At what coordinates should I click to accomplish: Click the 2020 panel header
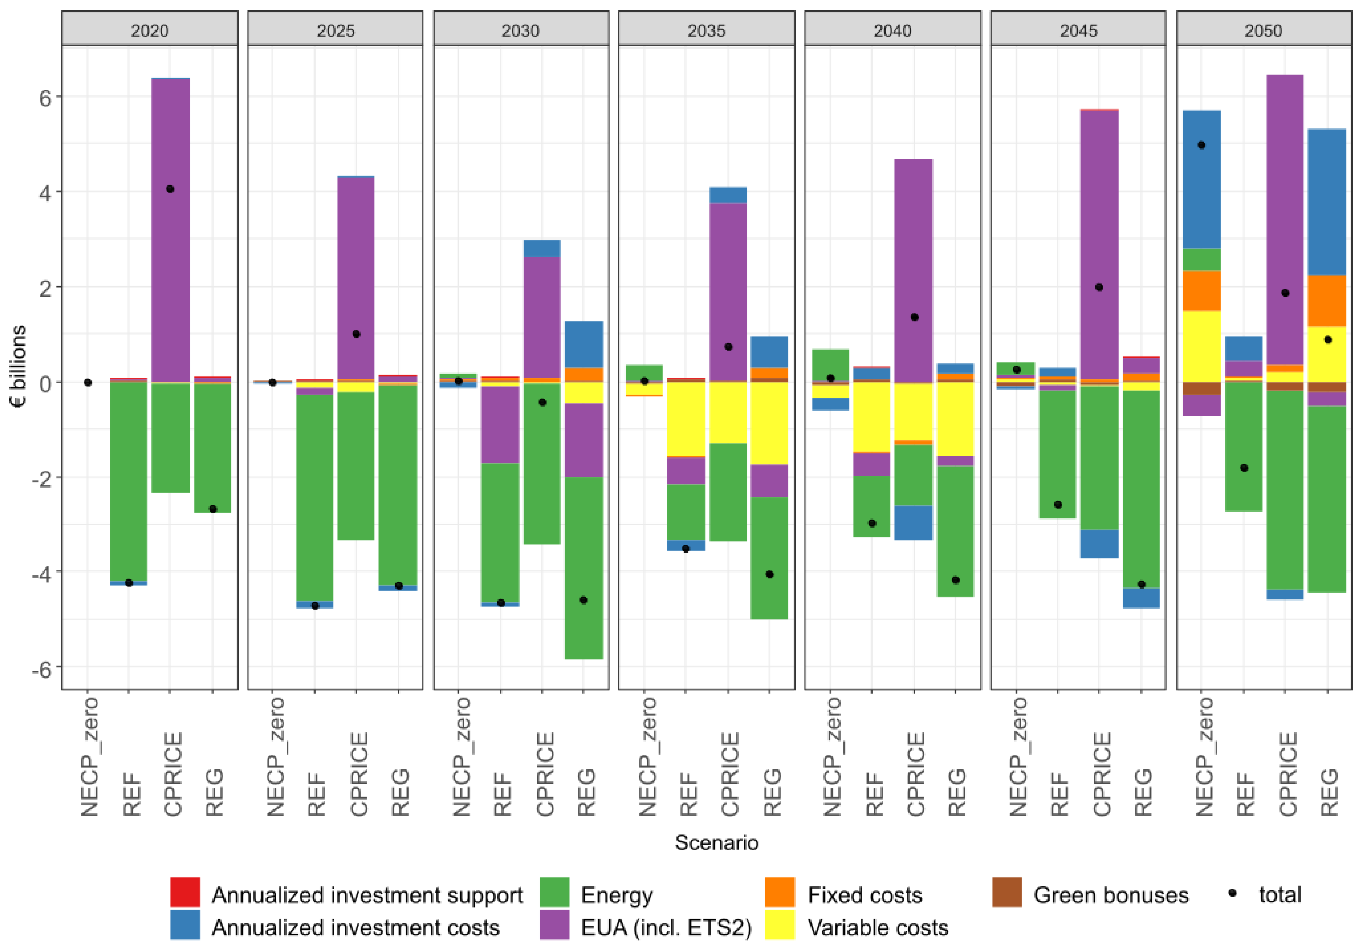pyautogui.click(x=150, y=30)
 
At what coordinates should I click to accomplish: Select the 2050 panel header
pyautogui.click(x=1264, y=30)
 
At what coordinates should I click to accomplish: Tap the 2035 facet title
pyautogui.click(x=706, y=30)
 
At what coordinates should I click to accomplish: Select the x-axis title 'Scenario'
pyautogui.click(x=716, y=842)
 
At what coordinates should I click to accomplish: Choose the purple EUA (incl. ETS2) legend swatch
pyautogui.click(x=554, y=925)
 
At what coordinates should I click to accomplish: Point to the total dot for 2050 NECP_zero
pyautogui.click(x=1201, y=145)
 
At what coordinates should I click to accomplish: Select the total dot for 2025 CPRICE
pyautogui.click(x=357, y=334)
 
